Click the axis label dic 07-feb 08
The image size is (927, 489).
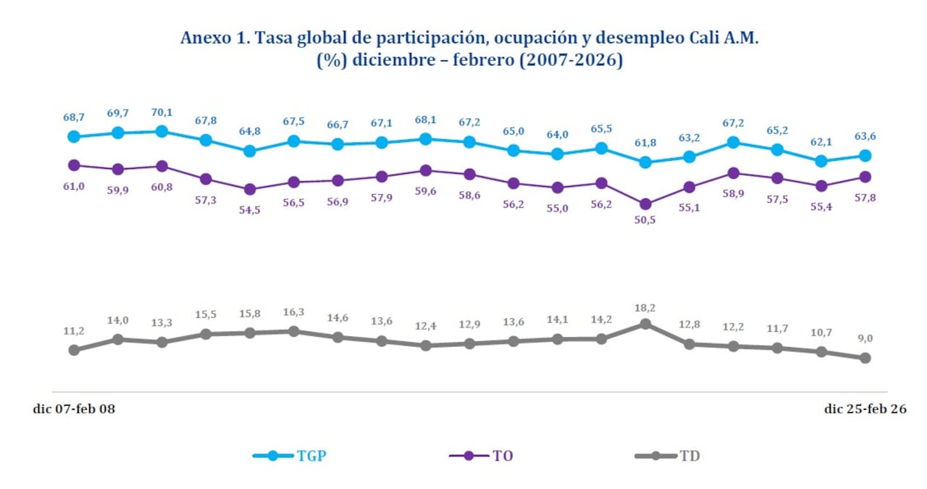74,409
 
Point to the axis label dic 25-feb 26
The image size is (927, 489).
865,409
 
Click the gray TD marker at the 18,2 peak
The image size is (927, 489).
645,324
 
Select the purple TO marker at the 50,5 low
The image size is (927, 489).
645,204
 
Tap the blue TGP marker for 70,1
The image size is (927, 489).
162,131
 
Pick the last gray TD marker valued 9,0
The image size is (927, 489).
865,358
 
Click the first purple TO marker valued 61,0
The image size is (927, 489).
74,165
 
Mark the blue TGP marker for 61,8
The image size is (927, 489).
645,162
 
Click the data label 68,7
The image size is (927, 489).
74,117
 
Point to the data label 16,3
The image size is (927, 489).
293,312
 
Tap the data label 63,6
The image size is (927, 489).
865,135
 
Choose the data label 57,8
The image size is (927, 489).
865,198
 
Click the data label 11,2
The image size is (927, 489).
74,331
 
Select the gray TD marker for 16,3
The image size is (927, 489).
293,331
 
